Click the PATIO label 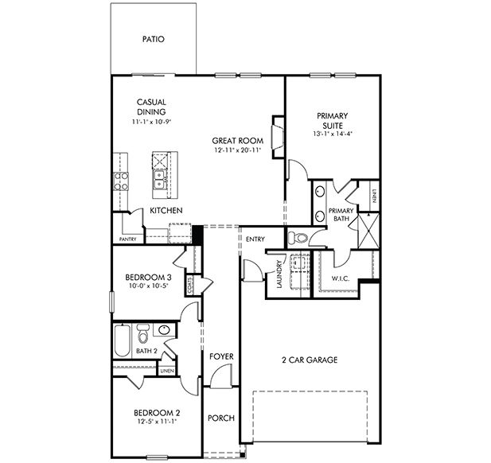click(153, 38)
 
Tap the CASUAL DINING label click(150, 107)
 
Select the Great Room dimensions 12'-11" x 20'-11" click(238, 150)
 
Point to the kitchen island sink click(159, 181)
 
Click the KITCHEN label click(166, 210)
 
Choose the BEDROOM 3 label click(149, 277)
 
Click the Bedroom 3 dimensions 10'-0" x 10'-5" click(149, 287)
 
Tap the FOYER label click(220, 356)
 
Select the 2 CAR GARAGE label click(310, 360)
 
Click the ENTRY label click(255, 239)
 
